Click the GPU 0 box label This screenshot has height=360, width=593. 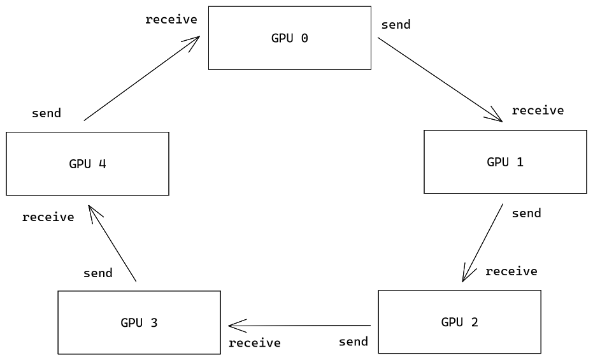pyautogui.click(x=289, y=38)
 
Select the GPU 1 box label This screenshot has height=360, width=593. pyautogui.click(x=504, y=162)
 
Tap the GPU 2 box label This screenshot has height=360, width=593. pyautogui.click(x=459, y=322)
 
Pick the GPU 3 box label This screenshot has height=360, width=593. pyautogui.click(x=139, y=322)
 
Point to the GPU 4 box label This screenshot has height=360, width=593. pyautogui.click(x=87, y=164)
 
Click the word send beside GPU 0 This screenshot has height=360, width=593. pyautogui.click(x=396, y=25)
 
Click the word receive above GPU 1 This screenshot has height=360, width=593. pyautogui.click(x=538, y=110)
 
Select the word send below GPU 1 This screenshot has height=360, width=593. pyautogui.click(x=526, y=213)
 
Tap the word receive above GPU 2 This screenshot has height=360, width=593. pyautogui.click(x=511, y=271)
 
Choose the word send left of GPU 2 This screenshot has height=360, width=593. pyautogui.click(x=353, y=342)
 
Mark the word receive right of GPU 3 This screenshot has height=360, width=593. pyautogui.click(x=254, y=343)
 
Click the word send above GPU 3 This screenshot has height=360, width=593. pyautogui.click(x=97, y=273)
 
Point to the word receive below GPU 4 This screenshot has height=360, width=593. pyautogui.click(x=48, y=217)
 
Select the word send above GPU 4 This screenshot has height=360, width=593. pyautogui.click(x=46, y=113)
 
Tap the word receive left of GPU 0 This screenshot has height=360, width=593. pyautogui.click(x=171, y=20)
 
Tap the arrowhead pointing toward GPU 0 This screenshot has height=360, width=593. pyautogui.click(x=194, y=40)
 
